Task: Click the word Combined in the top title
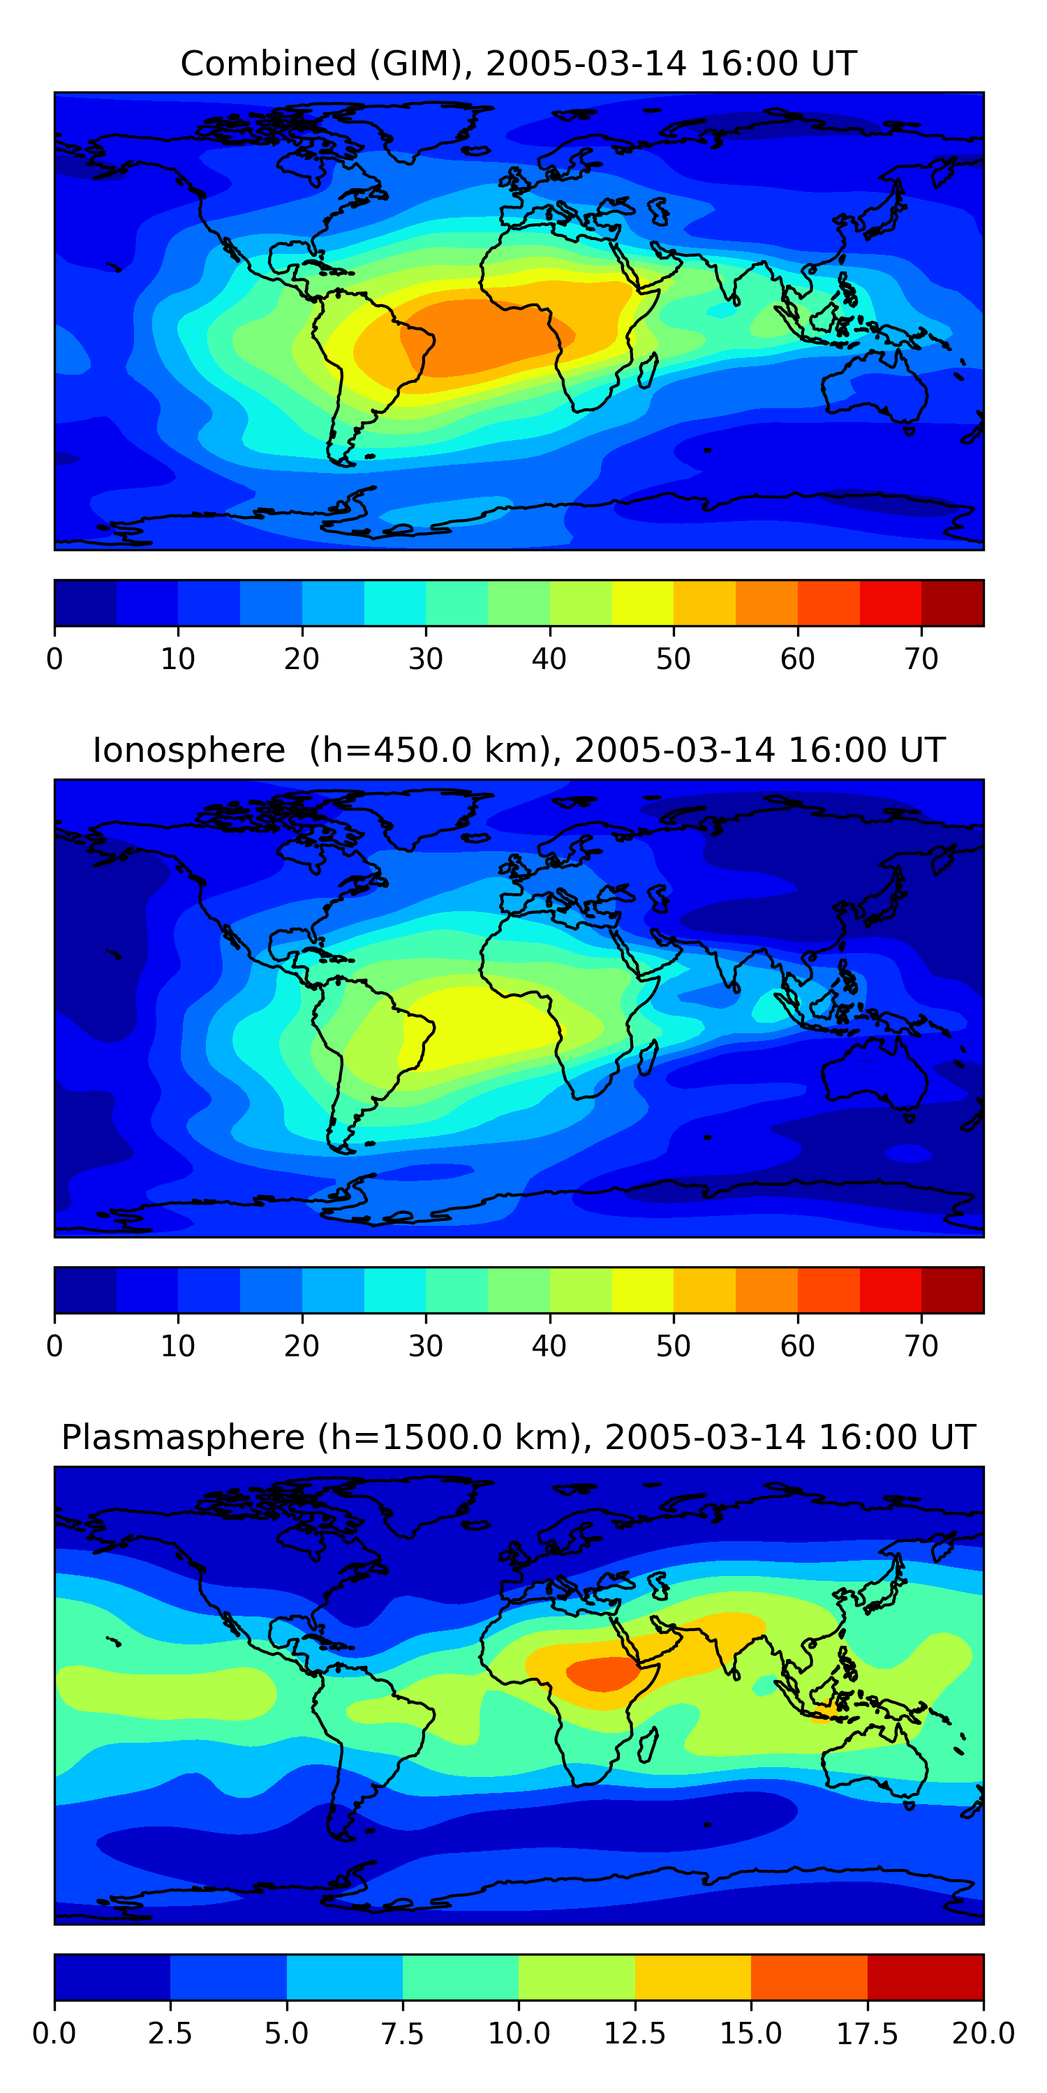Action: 268,63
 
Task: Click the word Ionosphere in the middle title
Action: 188,750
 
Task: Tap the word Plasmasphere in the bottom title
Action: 183,1438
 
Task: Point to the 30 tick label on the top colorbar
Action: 425,659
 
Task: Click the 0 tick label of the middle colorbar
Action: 54,1346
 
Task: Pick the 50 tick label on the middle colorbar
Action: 673,1346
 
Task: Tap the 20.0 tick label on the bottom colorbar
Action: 983,2034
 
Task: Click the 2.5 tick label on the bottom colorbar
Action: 170,2034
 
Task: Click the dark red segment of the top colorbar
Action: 953,603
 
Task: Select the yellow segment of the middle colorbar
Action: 642,1290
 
